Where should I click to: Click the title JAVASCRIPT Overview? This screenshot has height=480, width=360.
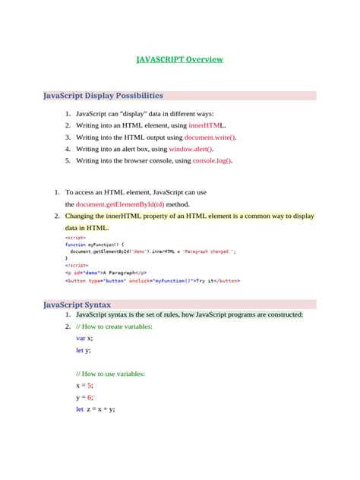[x=180, y=58]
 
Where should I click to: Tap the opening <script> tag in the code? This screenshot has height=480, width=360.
[x=75, y=237]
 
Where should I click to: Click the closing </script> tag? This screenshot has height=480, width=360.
[x=77, y=265]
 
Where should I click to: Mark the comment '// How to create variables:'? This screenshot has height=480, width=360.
[x=114, y=326]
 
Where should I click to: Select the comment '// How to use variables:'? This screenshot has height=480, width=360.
[x=110, y=374]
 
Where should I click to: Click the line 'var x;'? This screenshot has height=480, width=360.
[x=84, y=338]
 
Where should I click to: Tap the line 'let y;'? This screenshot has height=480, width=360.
[x=83, y=349]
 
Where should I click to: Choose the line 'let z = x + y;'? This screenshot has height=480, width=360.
[x=96, y=409]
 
